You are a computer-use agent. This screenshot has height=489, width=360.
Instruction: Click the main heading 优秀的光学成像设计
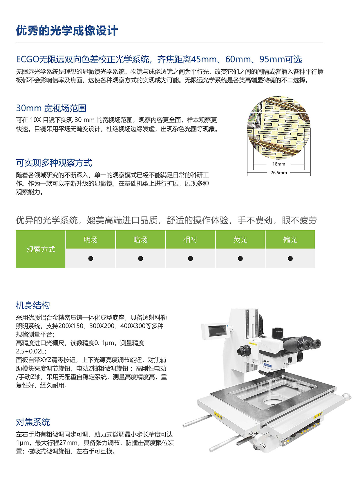click(67, 31)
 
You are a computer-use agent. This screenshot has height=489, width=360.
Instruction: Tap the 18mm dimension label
click(278, 164)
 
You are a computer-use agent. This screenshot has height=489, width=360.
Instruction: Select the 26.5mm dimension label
click(278, 173)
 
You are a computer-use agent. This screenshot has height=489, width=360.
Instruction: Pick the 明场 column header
click(91, 240)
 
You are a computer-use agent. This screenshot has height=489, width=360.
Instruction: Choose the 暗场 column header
click(140, 240)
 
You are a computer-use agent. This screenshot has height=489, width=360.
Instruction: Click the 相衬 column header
click(190, 240)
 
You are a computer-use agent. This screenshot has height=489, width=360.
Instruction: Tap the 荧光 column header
click(240, 240)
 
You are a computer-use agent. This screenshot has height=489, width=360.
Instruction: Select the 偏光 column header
click(290, 240)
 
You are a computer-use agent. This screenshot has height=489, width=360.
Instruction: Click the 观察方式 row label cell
click(41, 249)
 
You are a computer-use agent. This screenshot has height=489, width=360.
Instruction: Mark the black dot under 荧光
click(240, 258)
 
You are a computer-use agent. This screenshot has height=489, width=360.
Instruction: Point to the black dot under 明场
click(91, 258)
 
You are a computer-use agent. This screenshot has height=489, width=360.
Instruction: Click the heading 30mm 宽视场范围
click(51, 108)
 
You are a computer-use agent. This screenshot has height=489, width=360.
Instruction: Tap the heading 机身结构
click(33, 305)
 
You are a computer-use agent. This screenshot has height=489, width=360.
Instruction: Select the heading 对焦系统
click(33, 422)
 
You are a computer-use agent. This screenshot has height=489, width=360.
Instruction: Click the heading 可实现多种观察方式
click(54, 163)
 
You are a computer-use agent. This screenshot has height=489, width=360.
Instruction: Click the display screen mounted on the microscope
click(217, 331)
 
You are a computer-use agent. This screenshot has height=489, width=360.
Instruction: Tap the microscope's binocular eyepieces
click(310, 344)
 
